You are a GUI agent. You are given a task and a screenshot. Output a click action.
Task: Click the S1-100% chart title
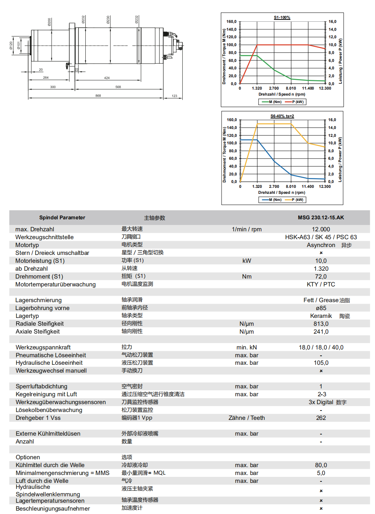point(282,18)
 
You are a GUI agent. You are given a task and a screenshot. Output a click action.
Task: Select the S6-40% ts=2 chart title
point(282,116)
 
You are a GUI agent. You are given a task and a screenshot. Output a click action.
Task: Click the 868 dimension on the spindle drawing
point(98,96)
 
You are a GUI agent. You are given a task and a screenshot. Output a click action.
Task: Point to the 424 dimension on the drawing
point(107,78)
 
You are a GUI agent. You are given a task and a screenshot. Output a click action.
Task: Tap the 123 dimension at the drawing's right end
point(174,96)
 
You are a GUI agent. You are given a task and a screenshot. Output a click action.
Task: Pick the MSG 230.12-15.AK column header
point(321,217)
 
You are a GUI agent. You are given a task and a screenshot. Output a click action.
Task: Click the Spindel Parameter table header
point(62,217)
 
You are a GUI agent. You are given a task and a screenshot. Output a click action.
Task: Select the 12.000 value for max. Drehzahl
point(321,229)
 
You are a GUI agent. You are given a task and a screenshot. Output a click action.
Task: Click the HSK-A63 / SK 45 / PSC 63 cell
point(321,237)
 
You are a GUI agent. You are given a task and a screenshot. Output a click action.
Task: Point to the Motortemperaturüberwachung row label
point(55,284)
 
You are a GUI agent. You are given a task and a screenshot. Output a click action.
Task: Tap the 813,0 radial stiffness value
point(321,324)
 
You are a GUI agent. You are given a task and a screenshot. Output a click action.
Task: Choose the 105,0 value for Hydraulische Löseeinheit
point(321,363)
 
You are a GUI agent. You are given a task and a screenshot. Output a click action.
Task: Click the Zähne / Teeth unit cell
point(247,418)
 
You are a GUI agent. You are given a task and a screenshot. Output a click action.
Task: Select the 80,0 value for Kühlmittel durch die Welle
point(321,465)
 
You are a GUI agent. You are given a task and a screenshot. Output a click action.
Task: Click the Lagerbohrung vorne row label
point(42,308)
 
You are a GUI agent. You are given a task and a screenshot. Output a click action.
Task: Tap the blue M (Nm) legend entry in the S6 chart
point(272,200)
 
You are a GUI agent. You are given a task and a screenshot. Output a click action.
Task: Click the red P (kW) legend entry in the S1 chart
point(295,102)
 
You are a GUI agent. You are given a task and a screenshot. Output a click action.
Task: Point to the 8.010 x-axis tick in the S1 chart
point(291,88)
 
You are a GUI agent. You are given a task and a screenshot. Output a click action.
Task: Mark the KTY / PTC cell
point(321,284)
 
